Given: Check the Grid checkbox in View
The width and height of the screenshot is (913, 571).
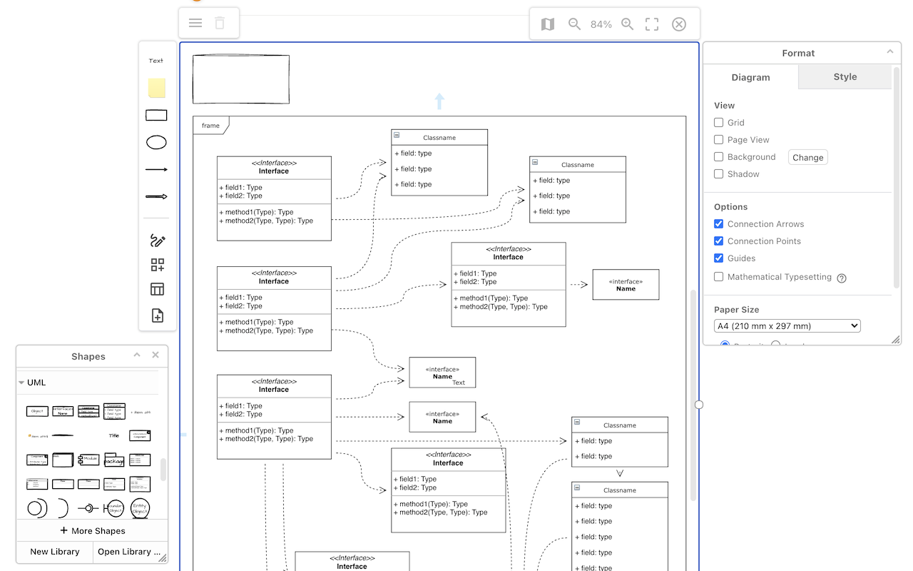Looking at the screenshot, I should [719, 123].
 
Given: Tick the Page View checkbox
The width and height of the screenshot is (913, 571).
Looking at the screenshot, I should [719, 140].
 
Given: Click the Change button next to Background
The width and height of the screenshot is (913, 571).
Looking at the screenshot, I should [807, 158].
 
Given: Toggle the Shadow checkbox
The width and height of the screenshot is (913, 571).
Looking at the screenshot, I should [719, 174].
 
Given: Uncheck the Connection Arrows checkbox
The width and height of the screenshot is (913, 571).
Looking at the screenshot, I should [719, 224].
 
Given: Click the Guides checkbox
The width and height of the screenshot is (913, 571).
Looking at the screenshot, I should [719, 258].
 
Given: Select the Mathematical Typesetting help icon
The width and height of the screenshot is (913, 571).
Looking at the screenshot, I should [842, 278].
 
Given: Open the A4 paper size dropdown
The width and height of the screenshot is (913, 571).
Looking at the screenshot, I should [787, 326].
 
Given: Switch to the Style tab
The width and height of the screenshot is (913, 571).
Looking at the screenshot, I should [845, 77].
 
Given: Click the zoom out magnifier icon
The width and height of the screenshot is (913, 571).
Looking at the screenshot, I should [574, 24].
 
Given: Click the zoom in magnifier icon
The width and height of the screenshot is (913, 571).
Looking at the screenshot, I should [628, 24].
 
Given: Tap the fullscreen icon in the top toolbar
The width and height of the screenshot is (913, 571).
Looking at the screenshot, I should [652, 24].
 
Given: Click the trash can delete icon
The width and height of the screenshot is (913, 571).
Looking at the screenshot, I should [220, 23].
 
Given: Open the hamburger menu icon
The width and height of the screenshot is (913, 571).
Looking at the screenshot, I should [195, 23].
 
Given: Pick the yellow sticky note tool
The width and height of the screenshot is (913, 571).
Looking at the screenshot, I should [157, 88].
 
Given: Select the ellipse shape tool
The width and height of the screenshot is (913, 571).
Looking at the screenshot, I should [156, 143].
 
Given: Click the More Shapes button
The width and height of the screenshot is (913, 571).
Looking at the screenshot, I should [92, 531].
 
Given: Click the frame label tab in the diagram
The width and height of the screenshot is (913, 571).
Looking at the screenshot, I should [210, 126].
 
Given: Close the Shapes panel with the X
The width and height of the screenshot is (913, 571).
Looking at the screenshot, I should [155, 355].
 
